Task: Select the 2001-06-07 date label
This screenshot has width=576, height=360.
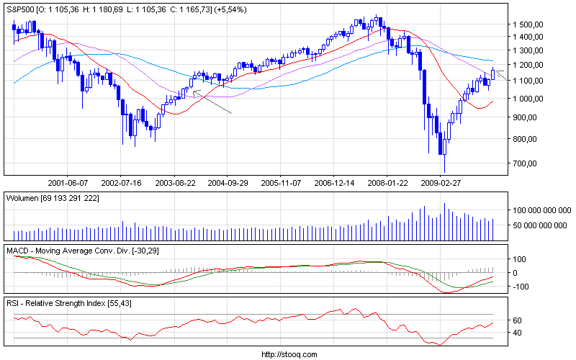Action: coord(68,182)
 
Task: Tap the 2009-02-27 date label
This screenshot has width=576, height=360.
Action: coord(440,182)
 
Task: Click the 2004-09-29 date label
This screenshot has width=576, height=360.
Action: coord(227,182)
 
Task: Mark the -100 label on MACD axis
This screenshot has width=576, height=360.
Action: coord(521,286)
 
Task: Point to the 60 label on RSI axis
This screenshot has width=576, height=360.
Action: coord(517,320)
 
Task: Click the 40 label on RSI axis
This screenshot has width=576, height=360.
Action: coord(517,333)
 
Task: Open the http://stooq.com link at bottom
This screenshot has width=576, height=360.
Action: coord(288,354)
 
